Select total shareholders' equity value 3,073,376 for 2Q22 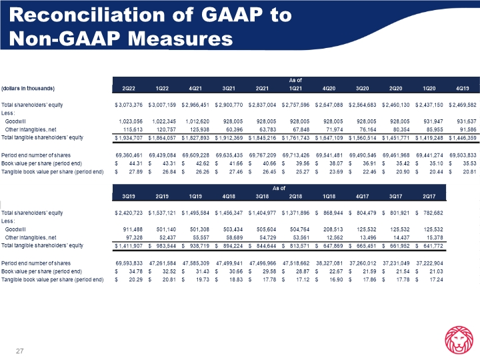point(127,105)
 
